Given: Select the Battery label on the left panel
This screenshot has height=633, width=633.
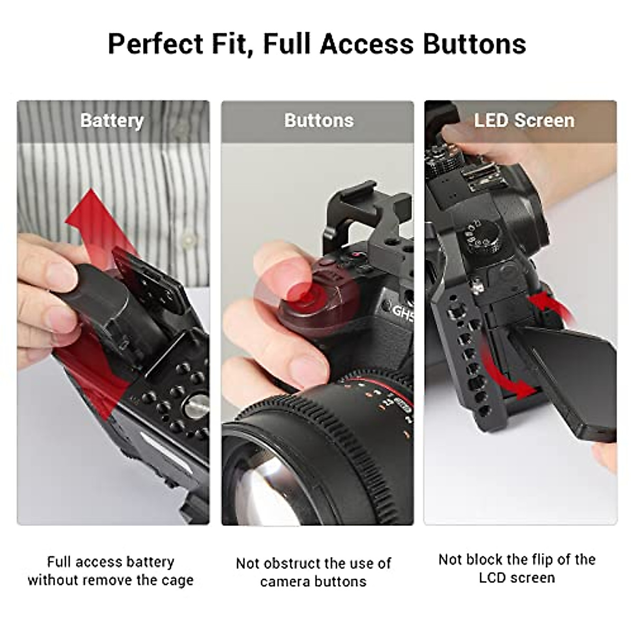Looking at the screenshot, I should click(x=112, y=121).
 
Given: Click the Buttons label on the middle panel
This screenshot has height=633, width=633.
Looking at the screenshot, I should click(x=319, y=120).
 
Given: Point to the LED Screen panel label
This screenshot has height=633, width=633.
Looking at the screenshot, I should click(x=524, y=120).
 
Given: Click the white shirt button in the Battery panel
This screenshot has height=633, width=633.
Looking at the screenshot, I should click(x=187, y=241).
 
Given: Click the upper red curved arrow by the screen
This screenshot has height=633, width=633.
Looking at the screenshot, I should click(x=551, y=306).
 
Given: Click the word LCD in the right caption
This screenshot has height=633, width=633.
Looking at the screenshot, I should click(x=496, y=578).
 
